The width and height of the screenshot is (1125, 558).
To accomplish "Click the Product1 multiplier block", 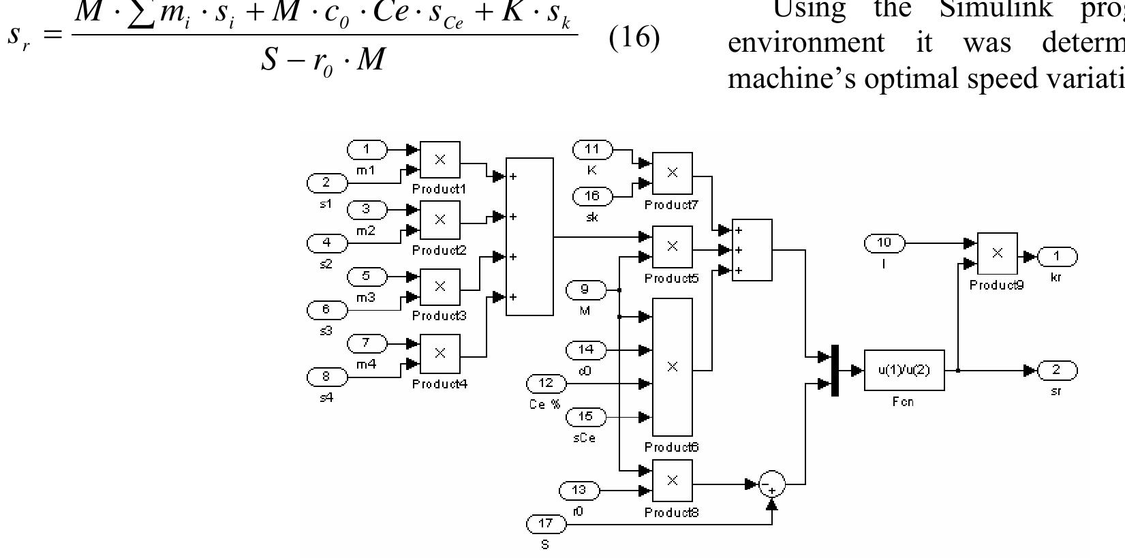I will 440,160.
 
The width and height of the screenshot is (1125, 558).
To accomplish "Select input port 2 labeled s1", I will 326,183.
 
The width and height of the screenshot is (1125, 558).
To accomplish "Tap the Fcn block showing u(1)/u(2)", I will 904,370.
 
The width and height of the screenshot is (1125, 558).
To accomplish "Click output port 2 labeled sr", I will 1056,370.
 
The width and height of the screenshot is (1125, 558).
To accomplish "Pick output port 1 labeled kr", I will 1056,256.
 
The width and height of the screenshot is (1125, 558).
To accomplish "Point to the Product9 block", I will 997,253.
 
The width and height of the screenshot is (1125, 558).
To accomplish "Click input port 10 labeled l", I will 884,243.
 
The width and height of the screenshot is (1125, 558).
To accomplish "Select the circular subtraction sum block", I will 772,484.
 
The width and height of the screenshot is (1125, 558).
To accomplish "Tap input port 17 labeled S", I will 546,525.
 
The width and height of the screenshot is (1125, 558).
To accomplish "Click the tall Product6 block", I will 672,367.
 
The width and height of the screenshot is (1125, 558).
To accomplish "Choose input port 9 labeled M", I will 585,290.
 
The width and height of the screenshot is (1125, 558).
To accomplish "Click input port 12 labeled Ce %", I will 546,384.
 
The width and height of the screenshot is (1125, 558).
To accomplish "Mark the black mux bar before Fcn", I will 835,370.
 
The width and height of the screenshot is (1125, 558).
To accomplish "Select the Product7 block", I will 672,173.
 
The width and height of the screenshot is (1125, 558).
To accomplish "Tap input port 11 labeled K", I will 591,149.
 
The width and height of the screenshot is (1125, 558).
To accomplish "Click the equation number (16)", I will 634,37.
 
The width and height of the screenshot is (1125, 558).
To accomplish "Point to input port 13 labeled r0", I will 579,490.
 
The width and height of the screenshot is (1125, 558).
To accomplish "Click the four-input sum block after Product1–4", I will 529,236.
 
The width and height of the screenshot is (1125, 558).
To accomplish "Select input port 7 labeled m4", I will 366,343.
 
